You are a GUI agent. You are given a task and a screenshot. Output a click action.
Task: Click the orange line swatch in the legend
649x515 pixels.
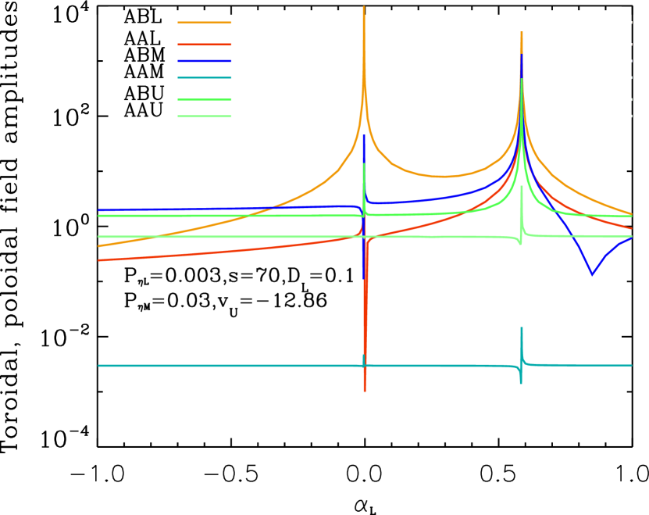[204, 23]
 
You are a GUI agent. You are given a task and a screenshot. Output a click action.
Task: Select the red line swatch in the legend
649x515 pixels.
[204, 45]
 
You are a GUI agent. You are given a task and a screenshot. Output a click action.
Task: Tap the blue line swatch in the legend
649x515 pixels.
[204, 61]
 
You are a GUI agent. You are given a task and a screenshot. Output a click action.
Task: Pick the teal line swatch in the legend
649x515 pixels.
[204, 77]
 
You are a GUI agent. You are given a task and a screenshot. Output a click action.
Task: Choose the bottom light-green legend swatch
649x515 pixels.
[204, 116]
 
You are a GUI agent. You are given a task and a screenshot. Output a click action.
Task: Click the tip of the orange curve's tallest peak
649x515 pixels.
[364, 7]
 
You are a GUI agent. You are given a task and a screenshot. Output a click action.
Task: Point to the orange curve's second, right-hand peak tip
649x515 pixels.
[522, 33]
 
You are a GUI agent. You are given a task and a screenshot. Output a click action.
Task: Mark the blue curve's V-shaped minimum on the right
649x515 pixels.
[592, 274]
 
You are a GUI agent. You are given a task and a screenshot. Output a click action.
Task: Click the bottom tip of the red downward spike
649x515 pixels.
[365, 391]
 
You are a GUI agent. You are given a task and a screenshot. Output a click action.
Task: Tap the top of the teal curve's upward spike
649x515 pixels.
[522, 327]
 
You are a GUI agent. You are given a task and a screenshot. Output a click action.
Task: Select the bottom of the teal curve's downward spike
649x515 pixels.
[521, 384]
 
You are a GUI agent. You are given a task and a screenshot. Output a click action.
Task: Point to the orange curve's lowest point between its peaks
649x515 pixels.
[444, 177]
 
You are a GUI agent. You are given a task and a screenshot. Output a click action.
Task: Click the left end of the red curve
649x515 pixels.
[98, 260]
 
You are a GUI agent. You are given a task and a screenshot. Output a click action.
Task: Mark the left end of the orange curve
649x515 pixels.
[98, 246]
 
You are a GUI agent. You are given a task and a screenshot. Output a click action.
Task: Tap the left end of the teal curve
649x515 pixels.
[98, 366]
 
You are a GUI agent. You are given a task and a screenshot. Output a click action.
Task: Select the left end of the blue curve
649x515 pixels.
[98, 210]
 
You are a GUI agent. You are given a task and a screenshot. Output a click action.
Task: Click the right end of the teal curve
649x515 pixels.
[631, 365]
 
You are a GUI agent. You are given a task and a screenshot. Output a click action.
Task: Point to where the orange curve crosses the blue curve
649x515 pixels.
[266, 208]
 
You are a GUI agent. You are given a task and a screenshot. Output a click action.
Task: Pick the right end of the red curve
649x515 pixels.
[631, 228]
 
